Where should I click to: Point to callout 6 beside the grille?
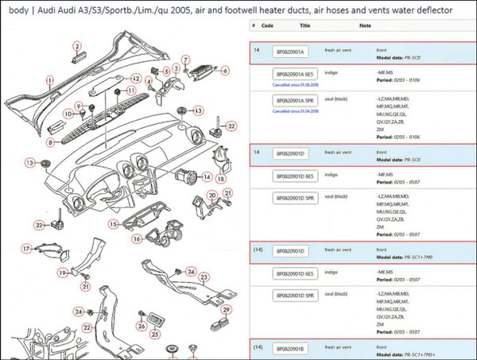[225, 70]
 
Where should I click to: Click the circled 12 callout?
[137, 79]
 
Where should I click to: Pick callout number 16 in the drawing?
[138, 238]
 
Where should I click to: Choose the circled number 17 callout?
[25, 249]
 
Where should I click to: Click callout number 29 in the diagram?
[226, 309]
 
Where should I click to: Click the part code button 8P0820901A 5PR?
[295, 102]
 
